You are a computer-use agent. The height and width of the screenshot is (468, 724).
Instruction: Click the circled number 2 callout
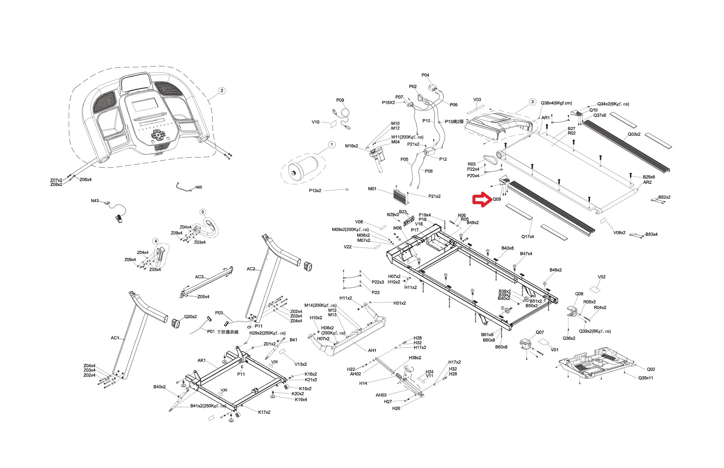tap(222, 90)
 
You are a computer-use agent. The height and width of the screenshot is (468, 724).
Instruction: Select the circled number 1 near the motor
tap(332, 145)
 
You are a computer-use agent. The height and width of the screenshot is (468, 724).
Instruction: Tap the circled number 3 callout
tap(533, 102)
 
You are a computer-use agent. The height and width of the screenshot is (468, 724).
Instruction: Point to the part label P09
tap(340, 100)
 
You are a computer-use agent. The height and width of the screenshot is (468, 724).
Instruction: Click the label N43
tap(95, 201)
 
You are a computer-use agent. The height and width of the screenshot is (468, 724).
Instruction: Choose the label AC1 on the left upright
tap(115, 338)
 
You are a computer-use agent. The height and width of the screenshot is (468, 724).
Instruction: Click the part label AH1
tap(372, 350)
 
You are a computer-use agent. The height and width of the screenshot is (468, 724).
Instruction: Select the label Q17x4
tap(528, 237)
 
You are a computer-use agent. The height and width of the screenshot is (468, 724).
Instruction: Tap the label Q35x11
tap(646, 378)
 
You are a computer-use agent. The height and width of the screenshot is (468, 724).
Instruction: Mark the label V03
tap(477, 100)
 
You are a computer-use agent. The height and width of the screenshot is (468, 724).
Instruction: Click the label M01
tap(372, 189)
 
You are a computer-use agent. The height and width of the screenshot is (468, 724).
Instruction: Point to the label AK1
tap(201, 360)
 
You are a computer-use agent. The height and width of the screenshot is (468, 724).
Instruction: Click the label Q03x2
tap(634, 134)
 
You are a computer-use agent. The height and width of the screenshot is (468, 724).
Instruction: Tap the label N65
tap(199, 188)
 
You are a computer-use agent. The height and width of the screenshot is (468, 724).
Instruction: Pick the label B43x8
tap(507, 248)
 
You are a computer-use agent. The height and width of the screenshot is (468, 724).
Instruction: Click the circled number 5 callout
tap(203, 212)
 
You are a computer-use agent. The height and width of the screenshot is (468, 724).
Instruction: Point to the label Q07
tap(539, 332)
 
